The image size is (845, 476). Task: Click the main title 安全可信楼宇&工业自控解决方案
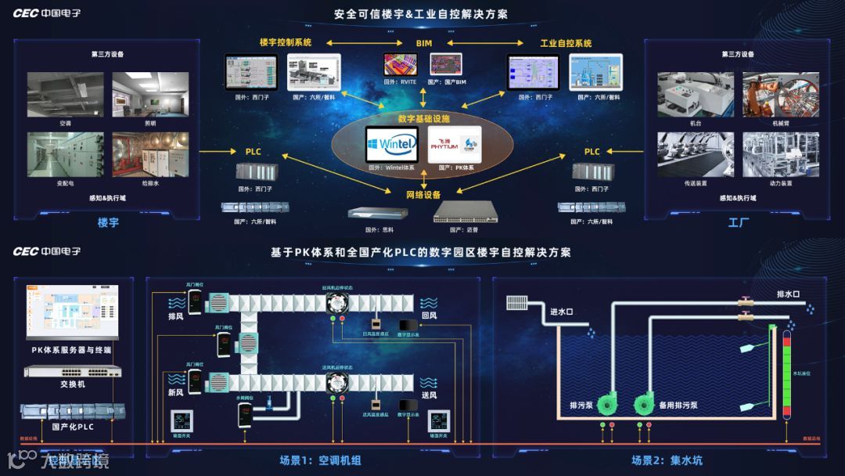click(x=420, y=14)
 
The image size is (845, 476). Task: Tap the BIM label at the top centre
click(x=423, y=43)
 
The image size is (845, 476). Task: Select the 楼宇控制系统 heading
click(x=286, y=43)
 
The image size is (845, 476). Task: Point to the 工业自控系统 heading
click(x=566, y=43)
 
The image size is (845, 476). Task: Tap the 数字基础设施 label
click(x=423, y=118)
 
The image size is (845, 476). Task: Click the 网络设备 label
click(x=423, y=195)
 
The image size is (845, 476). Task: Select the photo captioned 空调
click(x=64, y=94)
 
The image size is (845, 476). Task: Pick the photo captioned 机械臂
click(x=780, y=94)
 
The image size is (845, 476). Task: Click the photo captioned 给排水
click(x=150, y=154)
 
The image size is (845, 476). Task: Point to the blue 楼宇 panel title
click(x=108, y=223)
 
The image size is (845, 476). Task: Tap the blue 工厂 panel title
click(x=738, y=223)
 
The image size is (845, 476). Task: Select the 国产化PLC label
click(x=73, y=427)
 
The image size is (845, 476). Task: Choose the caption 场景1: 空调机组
click(x=321, y=460)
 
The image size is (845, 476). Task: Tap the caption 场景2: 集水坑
click(x=665, y=460)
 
